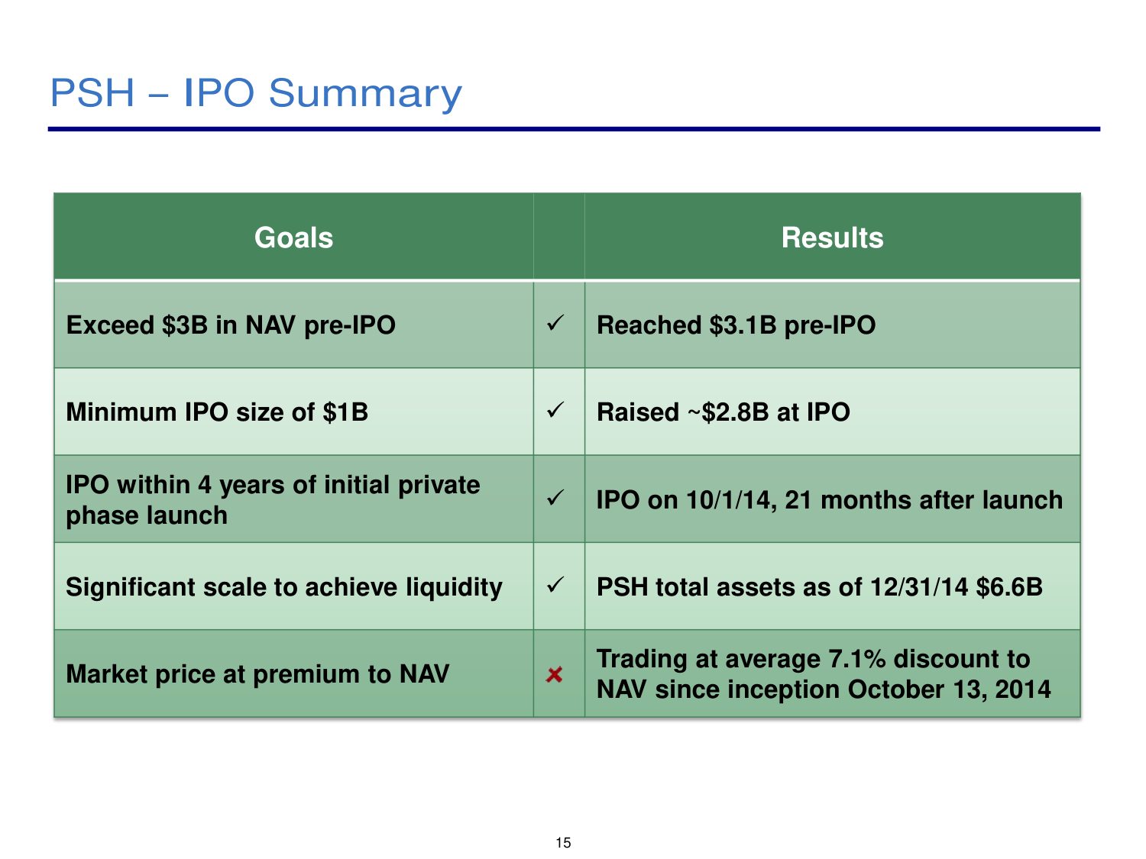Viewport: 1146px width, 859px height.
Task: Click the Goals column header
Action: click(x=293, y=237)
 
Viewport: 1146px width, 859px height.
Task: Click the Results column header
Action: click(x=832, y=237)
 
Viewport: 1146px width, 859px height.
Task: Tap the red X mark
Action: click(x=554, y=674)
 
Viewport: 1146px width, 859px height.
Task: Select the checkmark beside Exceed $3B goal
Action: click(x=555, y=323)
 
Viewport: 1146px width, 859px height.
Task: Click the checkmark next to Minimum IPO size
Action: click(x=555, y=410)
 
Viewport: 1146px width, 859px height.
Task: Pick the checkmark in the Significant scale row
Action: click(x=555, y=585)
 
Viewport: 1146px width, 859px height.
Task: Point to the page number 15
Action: click(x=563, y=842)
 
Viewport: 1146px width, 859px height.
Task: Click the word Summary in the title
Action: click(x=365, y=94)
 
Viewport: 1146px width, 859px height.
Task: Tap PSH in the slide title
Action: click(x=92, y=93)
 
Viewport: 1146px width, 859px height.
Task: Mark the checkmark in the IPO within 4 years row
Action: click(x=555, y=498)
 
